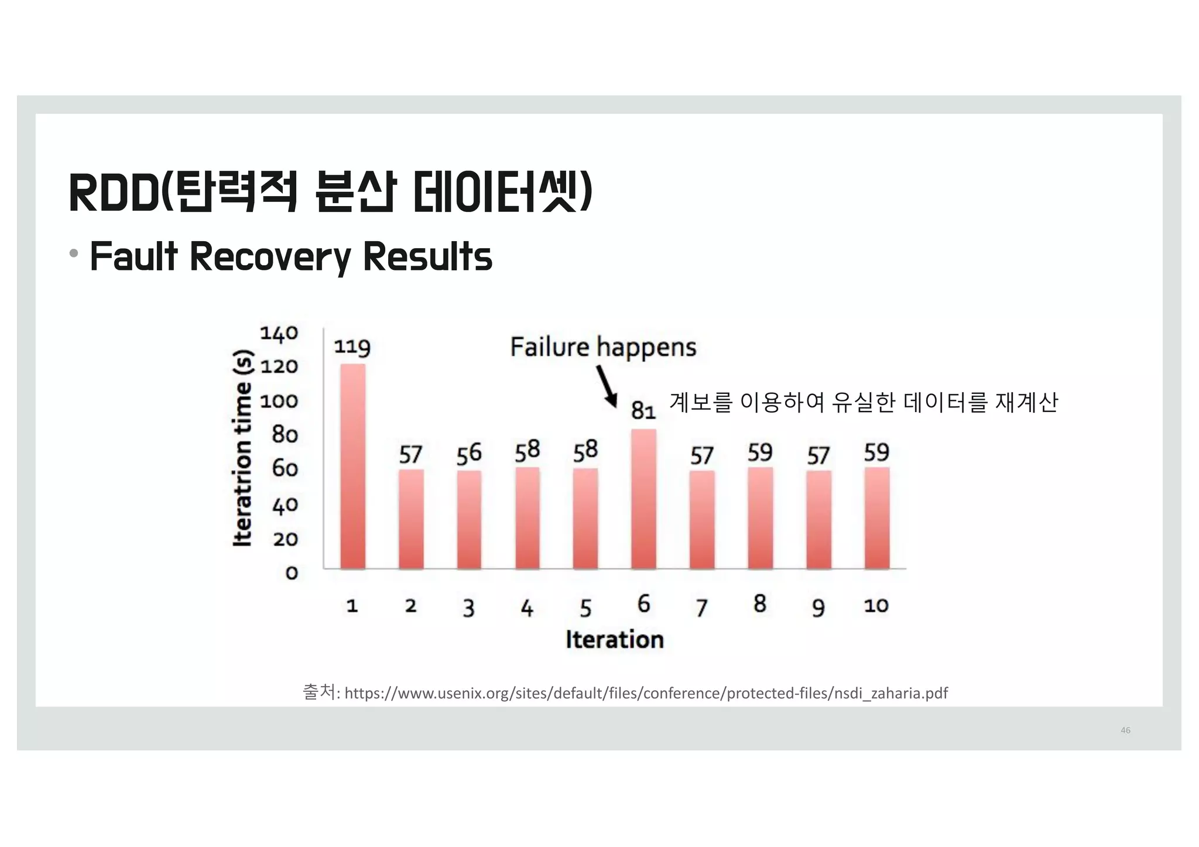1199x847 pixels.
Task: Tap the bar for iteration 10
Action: tap(876, 518)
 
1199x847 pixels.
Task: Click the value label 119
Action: tap(352, 347)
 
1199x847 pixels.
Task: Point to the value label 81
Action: tap(643, 411)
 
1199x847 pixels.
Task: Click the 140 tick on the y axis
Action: tap(279, 334)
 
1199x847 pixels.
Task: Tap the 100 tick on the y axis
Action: tap(279, 402)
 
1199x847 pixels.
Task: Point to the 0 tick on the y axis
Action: tap(291, 572)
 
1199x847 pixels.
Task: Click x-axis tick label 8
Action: tap(760, 603)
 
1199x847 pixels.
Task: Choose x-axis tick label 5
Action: tap(585, 608)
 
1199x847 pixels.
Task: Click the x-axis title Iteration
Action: tap(615, 639)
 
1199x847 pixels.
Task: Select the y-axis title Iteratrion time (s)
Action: tap(243, 448)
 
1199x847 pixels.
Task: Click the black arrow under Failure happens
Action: tap(607, 386)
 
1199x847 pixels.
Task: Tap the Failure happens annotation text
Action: tap(603, 347)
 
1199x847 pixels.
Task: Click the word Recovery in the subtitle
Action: tap(269, 257)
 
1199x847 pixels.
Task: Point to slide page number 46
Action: tap(1125, 730)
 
